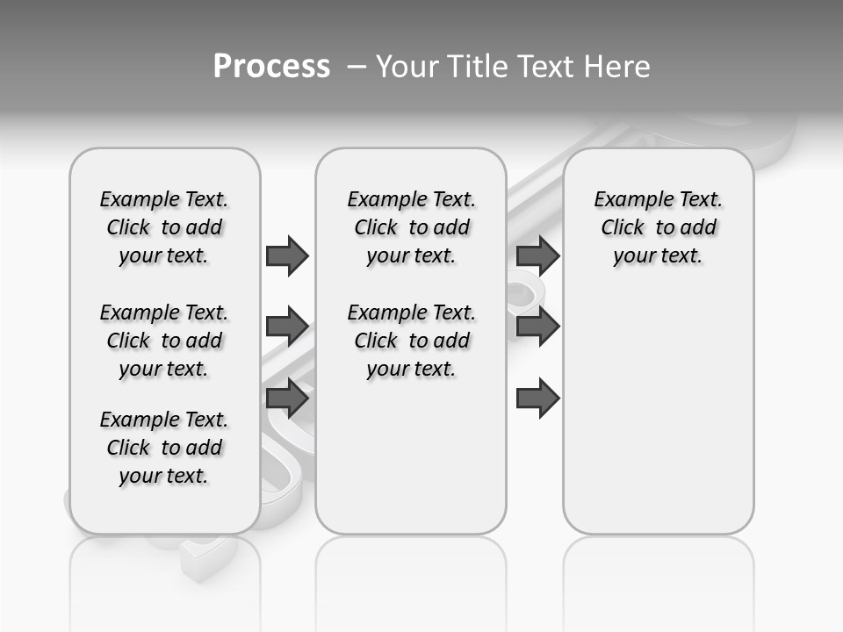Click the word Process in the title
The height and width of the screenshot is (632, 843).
(271, 67)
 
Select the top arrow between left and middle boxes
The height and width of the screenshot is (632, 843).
(287, 255)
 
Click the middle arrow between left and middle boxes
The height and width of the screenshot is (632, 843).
(287, 327)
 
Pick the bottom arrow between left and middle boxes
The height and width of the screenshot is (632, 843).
(287, 399)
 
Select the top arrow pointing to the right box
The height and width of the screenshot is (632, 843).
(537, 255)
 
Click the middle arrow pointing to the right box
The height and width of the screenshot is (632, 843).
(537, 327)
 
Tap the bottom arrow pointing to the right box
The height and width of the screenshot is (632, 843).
(537, 399)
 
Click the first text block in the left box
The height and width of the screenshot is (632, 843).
(164, 227)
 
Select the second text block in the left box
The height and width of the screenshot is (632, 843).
(164, 341)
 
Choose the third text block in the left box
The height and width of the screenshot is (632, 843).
(164, 448)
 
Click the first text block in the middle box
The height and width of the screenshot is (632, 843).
(411, 227)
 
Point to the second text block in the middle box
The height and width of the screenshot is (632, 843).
(411, 341)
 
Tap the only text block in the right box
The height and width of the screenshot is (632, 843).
(658, 227)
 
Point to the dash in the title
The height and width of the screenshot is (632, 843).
(356, 67)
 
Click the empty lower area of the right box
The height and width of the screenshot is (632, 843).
(658, 413)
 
